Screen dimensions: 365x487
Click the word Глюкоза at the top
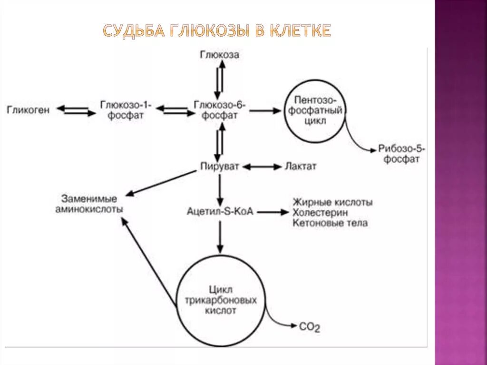coord(219,55)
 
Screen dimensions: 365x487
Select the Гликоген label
coord(28,109)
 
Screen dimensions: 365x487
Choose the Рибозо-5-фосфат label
coord(402,154)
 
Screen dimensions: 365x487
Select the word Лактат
coord(300,167)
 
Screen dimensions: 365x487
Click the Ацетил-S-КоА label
coord(220,211)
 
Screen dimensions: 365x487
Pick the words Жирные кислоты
coord(332,202)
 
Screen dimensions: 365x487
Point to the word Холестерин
coord(320,212)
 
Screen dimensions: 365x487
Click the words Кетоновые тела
coord(330,223)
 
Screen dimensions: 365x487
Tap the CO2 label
coord(310,327)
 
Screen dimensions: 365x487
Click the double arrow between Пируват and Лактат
coord(263,167)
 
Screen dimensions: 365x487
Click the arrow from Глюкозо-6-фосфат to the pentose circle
coord(265,110)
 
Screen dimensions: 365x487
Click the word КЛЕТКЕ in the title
coord(300,31)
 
